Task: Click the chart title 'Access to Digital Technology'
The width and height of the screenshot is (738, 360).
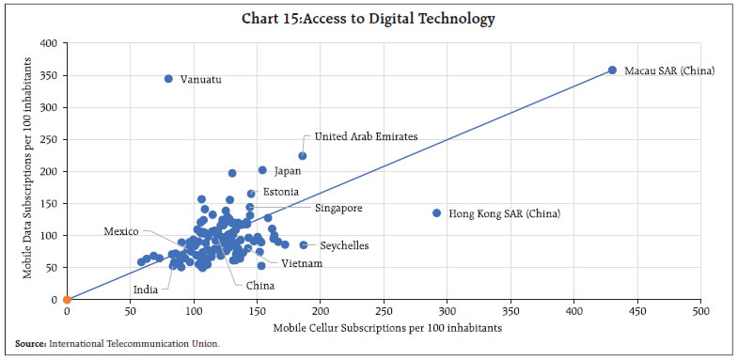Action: coord(369,19)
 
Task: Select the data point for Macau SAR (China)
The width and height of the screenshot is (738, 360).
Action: coord(612,70)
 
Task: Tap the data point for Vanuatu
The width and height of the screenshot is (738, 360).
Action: coord(168,79)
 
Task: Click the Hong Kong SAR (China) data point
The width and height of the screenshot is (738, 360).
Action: coord(437,213)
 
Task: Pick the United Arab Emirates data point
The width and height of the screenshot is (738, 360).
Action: coord(303,156)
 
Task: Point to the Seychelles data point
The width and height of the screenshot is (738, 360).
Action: coord(304,245)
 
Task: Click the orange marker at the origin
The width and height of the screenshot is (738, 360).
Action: coord(67,300)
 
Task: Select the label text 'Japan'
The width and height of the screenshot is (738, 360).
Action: coord(288,172)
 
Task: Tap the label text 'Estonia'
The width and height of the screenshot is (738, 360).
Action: coord(281,192)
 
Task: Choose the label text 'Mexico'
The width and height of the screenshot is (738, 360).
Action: coord(121,231)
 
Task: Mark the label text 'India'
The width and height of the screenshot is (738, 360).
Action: coord(145,290)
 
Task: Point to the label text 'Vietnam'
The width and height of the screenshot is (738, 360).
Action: coord(302,264)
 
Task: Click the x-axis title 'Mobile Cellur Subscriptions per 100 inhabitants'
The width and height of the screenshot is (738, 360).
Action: coord(383,327)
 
